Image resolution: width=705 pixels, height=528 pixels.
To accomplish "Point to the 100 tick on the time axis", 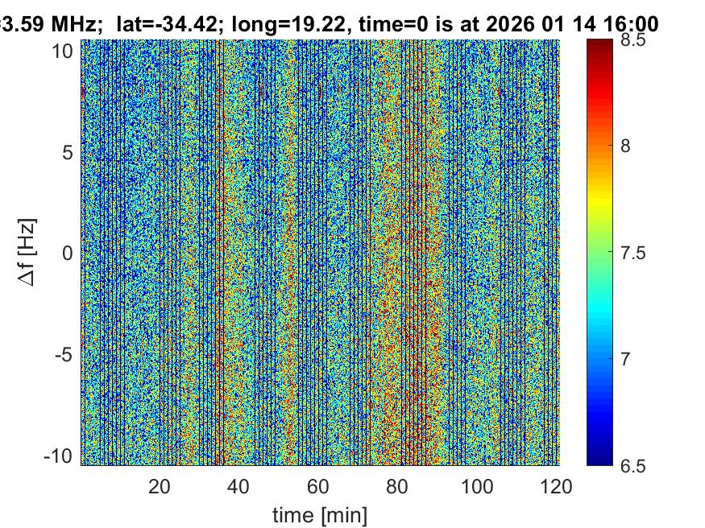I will (x=478, y=486).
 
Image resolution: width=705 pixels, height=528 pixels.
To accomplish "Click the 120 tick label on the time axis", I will (x=557, y=486).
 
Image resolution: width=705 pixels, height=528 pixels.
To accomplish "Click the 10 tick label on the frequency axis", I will (x=65, y=51).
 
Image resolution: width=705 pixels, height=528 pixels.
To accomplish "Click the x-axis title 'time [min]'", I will (x=319, y=513).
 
